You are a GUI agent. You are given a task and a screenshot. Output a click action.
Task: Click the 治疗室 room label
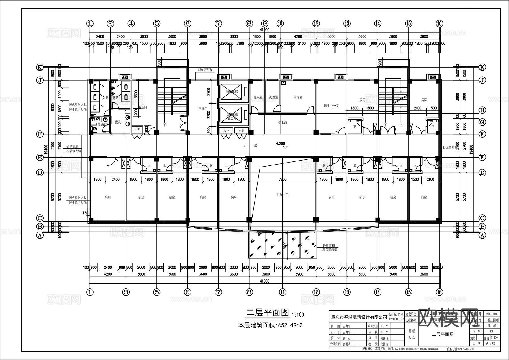click(x=298, y=97)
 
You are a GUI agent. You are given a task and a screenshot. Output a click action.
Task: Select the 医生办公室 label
click(x=331, y=106)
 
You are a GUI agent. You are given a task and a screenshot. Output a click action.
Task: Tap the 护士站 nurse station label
click(x=282, y=122)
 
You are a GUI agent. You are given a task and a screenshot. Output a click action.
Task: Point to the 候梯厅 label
click(x=203, y=108)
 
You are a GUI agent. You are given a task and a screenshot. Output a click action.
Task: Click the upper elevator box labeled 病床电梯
click(x=231, y=92)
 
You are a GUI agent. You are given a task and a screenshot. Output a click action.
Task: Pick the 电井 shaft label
click(x=241, y=131)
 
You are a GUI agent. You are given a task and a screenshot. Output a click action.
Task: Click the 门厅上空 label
click(x=282, y=195)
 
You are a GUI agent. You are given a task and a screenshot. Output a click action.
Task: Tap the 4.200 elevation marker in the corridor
click(x=280, y=144)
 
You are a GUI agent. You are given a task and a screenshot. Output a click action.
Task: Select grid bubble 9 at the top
click(x=265, y=23)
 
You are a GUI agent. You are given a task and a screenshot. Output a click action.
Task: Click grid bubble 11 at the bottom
click(x=282, y=292)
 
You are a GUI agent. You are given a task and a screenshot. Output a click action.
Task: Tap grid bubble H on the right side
click(x=482, y=110)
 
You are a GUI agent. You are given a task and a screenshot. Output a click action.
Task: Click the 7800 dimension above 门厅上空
click(x=282, y=179)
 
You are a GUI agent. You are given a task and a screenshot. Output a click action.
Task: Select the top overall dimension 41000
click(x=264, y=30)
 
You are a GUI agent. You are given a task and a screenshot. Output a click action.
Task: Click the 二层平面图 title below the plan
click(x=268, y=312)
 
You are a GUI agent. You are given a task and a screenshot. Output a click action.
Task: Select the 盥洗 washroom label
click(x=118, y=122)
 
